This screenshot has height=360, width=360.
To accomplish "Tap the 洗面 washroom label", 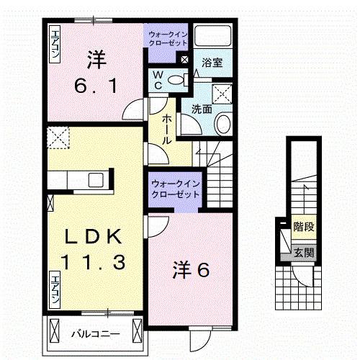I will (202, 109).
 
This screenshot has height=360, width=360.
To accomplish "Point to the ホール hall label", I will (166, 130).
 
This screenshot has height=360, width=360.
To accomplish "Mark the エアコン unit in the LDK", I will (55, 288).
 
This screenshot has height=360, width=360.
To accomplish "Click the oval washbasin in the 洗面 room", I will (222, 124).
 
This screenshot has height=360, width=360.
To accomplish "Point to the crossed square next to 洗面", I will (222, 92).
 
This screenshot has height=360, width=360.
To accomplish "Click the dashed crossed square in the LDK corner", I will (57, 136).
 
